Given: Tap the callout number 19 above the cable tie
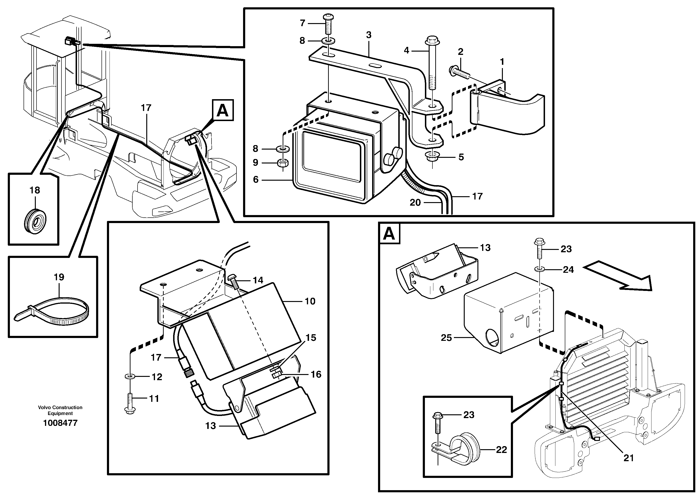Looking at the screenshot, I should (x=59, y=277).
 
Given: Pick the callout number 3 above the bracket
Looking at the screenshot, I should (x=369, y=35).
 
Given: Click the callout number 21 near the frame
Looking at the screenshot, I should (x=628, y=458).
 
